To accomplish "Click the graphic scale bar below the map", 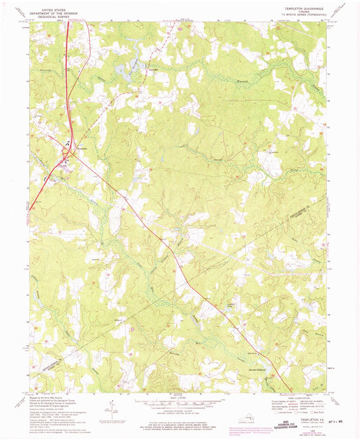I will tap(179, 404).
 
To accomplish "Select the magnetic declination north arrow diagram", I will tap(112, 405).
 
